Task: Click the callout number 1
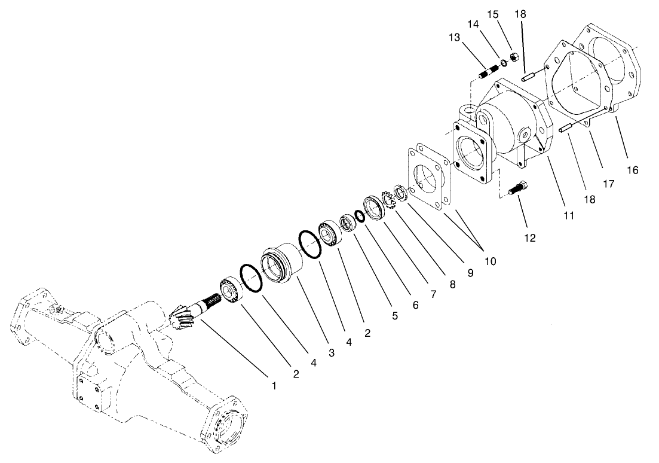tap(274, 386)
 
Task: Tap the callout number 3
tap(330, 354)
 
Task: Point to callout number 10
tap(490, 261)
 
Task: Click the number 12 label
tap(530, 237)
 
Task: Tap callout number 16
tap(633, 170)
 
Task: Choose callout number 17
tap(608, 184)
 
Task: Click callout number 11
tap(568, 215)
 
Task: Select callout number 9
tap(470, 273)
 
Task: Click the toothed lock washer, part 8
tap(388, 200)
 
